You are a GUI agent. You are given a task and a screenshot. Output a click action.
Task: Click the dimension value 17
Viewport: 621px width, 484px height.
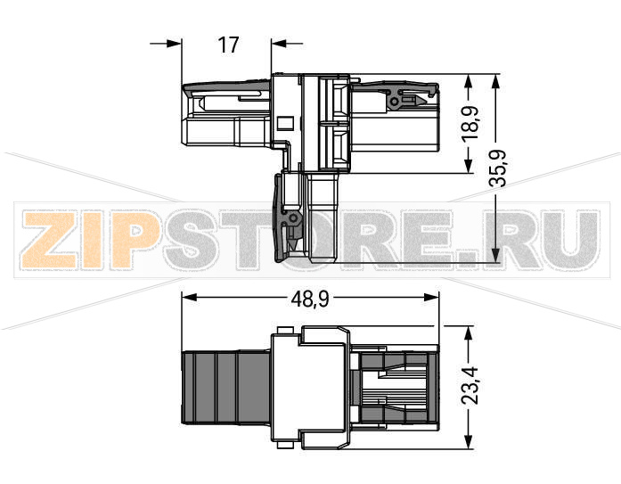(x=229, y=44)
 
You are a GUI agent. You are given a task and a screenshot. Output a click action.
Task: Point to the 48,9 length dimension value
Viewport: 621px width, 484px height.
(x=309, y=299)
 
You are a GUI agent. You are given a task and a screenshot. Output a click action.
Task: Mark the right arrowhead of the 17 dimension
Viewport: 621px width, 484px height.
(x=277, y=43)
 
